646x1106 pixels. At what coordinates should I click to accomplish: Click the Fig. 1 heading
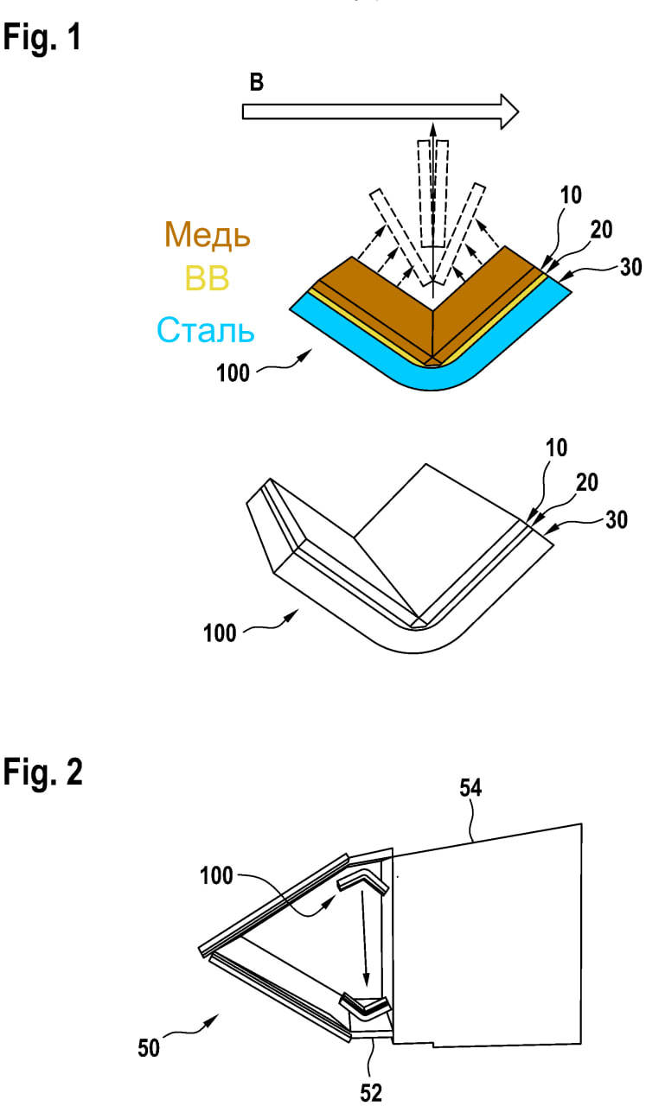click(x=42, y=39)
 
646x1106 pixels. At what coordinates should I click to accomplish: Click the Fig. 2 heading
click(x=43, y=772)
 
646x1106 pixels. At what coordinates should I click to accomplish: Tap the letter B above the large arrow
click(x=257, y=82)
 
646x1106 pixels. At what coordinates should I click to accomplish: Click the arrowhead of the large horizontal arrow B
click(x=509, y=111)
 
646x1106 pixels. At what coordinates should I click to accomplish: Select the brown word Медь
click(x=207, y=234)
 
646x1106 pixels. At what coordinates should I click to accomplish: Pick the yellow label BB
click(x=207, y=278)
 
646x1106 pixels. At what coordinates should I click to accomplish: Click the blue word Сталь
click(x=206, y=330)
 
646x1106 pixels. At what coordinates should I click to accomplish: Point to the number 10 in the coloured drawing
click(x=571, y=195)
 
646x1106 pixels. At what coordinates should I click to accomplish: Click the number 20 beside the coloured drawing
click(x=601, y=230)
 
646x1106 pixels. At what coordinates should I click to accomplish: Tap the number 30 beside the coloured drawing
click(x=630, y=267)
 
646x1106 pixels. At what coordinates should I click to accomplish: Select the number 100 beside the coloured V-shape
click(x=233, y=373)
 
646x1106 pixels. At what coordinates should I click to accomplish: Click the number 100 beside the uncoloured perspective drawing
click(x=220, y=633)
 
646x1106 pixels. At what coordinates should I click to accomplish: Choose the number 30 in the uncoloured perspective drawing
click(x=617, y=520)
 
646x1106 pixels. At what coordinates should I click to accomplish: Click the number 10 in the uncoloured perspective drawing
click(x=556, y=448)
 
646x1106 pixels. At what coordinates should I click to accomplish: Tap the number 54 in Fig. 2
click(x=470, y=787)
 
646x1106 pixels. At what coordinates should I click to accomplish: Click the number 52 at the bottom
click(x=371, y=1093)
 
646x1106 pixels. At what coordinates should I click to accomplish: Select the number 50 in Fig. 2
click(x=149, y=1048)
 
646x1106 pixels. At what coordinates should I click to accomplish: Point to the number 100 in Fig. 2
click(x=216, y=876)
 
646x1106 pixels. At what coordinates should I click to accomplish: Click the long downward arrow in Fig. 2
click(x=364, y=938)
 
